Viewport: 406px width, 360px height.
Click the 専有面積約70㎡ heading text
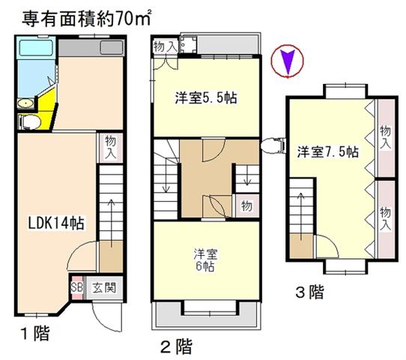click(x=86, y=19)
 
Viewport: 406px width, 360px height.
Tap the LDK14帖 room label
click(x=56, y=223)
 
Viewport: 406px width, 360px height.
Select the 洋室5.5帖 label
click(x=206, y=97)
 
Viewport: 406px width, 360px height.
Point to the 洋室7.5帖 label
click(x=328, y=151)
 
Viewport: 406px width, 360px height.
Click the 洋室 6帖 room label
click(x=205, y=260)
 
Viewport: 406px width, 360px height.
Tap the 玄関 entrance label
click(x=104, y=288)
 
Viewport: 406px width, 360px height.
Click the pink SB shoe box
click(x=77, y=288)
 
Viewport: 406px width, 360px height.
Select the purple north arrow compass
click(x=287, y=61)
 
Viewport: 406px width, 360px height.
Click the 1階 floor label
click(x=35, y=333)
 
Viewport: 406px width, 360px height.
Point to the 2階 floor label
click(x=177, y=346)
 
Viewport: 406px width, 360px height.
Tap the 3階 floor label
click(x=310, y=292)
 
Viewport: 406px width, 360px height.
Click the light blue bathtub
click(x=36, y=47)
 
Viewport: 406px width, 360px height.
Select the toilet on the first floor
click(x=29, y=121)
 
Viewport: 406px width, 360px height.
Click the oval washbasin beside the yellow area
click(x=25, y=103)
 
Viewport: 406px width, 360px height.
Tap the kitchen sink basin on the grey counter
click(x=112, y=48)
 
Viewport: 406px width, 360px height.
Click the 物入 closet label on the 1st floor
click(x=111, y=148)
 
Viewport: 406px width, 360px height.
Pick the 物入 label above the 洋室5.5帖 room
click(x=166, y=47)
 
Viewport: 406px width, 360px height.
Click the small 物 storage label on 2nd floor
click(x=246, y=206)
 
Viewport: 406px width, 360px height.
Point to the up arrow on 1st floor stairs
click(x=112, y=223)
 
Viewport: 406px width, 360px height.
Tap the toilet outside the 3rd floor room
click(x=273, y=145)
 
